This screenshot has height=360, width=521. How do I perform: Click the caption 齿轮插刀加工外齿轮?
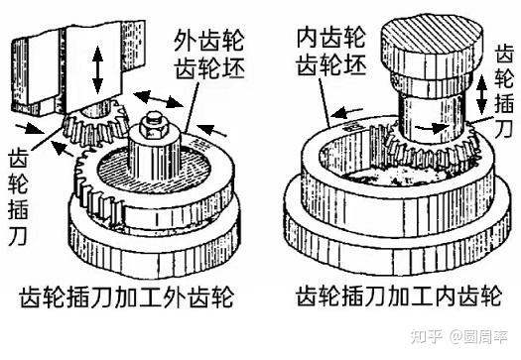[x=127, y=297]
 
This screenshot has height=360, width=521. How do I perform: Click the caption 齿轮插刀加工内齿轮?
[x=399, y=296]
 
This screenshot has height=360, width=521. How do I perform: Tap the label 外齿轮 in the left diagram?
[x=209, y=41]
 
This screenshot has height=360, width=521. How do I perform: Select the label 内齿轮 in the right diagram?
[x=330, y=39]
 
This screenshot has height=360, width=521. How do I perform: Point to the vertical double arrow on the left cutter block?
[x=97, y=69]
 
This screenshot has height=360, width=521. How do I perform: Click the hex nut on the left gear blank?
[x=151, y=125]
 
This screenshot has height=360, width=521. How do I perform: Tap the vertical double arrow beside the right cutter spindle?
[x=481, y=94]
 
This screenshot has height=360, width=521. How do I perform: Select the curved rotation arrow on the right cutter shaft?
[x=432, y=127]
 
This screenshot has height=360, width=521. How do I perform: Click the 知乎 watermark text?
[x=426, y=336]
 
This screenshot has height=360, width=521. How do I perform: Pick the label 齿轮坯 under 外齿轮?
[x=210, y=68]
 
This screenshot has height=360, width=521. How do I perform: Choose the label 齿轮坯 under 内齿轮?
[x=331, y=64]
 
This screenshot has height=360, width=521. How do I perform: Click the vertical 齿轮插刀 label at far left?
[x=18, y=196]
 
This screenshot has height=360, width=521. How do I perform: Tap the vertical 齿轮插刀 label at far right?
[x=504, y=90]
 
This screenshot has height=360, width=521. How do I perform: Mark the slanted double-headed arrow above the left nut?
[x=158, y=98]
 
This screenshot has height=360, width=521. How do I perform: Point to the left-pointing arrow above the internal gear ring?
[x=346, y=113]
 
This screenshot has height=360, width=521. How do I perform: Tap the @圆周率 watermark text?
[x=478, y=336]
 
